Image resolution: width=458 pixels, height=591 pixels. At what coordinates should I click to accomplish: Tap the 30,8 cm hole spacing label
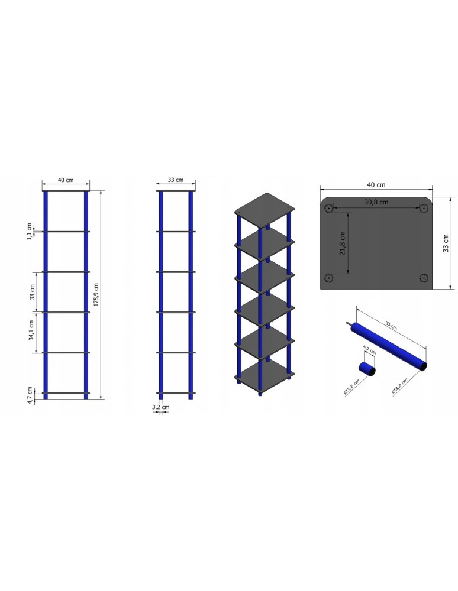pyautogui.click(x=376, y=202)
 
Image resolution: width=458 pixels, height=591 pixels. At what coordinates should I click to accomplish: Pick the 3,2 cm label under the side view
pyautogui.click(x=160, y=407)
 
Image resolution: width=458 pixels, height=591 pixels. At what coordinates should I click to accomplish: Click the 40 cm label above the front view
pyautogui.click(x=66, y=180)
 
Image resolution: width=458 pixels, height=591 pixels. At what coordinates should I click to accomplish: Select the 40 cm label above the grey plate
pyautogui.click(x=376, y=184)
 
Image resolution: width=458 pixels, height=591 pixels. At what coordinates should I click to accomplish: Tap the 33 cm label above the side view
pyautogui.click(x=176, y=180)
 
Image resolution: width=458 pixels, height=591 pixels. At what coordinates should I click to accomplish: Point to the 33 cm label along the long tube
pyautogui.click(x=391, y=324)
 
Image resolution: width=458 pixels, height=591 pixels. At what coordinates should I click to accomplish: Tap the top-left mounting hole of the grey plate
pyautogui.click(x=329, y=207)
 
